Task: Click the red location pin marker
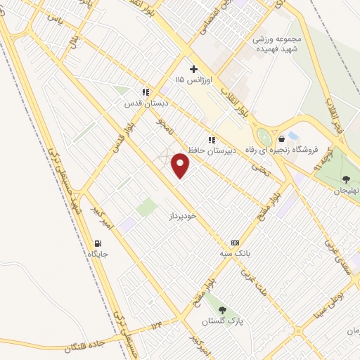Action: [181, 166]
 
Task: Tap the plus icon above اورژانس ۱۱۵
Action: [193, 69]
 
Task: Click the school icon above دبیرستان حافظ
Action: [212, 140]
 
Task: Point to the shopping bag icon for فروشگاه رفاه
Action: [281, 139]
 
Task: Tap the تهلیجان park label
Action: [345, 191]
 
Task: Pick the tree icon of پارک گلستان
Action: [222, 309]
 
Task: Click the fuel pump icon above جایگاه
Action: [95, 242]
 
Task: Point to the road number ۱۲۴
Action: [155, 326]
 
